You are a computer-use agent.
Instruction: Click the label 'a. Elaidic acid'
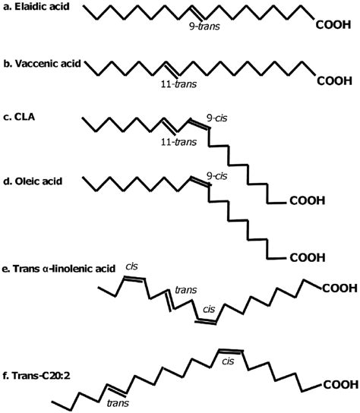coord(36,7)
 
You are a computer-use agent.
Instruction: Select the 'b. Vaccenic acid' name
coord(43,64)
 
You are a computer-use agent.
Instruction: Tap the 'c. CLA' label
coord(19,117)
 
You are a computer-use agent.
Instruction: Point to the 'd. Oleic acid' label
coord(33,181)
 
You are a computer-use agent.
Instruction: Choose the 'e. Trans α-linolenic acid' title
coord(58,269)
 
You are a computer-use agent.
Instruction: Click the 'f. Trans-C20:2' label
coord(36,376)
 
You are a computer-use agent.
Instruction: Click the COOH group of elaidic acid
coord(333,25)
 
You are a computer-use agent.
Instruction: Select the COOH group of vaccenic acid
coord(335,81)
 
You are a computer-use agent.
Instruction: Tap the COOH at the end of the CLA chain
coord(308,200)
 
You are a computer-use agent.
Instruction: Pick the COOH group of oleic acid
coord(308,257)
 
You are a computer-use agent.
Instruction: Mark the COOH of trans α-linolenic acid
coord(340,288)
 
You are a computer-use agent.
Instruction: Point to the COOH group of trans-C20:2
coord(341,385)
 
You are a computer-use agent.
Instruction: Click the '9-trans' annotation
coord(204,27)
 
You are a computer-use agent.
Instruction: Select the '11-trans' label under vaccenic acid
coord(178,84)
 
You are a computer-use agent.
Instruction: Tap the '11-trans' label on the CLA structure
coord(178,142)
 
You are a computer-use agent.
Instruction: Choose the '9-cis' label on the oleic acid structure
coord(216,176)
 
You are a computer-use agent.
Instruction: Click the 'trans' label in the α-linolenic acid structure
coord(186,290)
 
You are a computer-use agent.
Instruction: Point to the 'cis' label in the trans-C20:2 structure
coord(228,361)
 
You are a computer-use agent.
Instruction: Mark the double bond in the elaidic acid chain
coord(198,13)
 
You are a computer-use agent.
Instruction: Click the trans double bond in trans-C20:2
coord(117,389)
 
